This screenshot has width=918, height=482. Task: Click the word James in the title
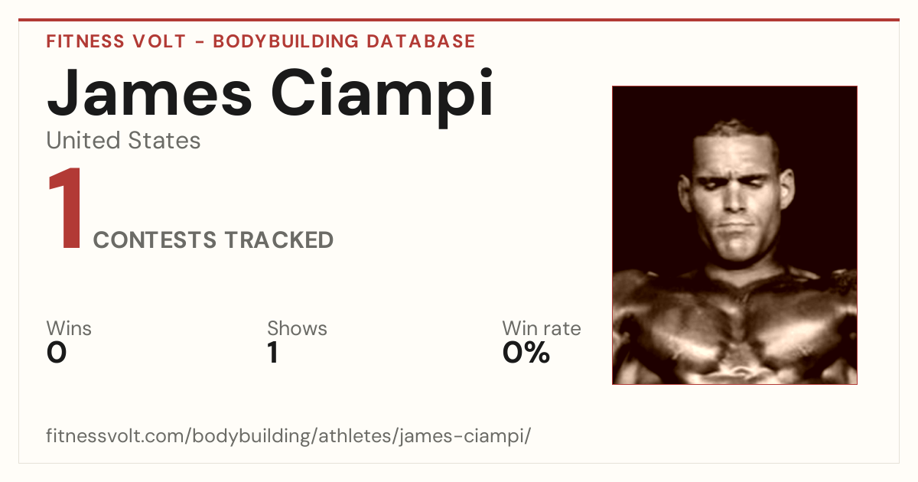point(149,93)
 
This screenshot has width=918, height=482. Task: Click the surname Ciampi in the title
point(382,98)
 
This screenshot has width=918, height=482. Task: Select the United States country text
point(123,140)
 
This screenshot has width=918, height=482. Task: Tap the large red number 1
point(66,207)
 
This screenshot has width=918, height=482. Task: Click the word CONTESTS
point(155,239)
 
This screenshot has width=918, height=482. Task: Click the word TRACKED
point(278,239)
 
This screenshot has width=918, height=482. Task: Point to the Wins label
point(69,328)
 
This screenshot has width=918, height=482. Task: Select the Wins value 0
point(57,353)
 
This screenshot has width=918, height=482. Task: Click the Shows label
point(297,328)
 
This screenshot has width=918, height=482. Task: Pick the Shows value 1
point(273,353)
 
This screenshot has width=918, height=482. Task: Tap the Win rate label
point(542,328)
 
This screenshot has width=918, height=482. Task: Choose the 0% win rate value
point(526,353)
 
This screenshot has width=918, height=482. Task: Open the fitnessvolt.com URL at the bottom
point(288,435)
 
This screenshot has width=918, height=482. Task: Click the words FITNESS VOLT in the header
point(116,41)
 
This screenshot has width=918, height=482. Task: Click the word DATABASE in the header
point(421,41)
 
